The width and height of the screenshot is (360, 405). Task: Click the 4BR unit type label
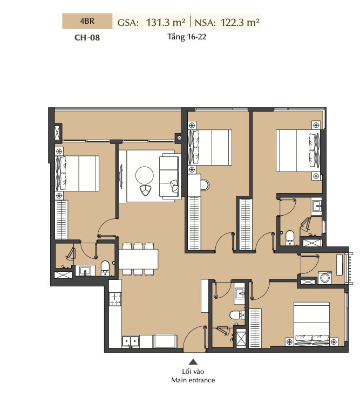coord(87,21)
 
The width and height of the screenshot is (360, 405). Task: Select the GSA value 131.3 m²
coord(166,23)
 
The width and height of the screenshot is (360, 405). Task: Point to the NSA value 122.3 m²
coord(240,23)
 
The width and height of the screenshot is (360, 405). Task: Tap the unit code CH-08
coord(87,37)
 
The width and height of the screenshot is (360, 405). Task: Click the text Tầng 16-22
coord(187,37)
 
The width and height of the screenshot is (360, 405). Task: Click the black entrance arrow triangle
coord(193,362)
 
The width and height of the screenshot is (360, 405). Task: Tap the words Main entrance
coord(193,380)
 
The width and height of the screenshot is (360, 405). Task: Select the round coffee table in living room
coord(145,175)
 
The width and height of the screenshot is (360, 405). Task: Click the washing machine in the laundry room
coord(324,278)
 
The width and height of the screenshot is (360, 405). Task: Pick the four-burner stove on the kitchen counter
coord(116,299)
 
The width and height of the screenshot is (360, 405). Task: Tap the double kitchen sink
coord(131,341)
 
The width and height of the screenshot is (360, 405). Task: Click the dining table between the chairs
coord(138,259)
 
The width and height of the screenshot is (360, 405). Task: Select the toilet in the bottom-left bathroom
coord(105,267)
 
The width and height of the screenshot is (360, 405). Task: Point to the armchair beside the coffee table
coord(146,190)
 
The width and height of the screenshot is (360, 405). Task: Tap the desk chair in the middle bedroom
coord(206,185)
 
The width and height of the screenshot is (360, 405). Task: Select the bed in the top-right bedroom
coord(298,150)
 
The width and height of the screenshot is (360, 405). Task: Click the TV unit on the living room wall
coord(121,176)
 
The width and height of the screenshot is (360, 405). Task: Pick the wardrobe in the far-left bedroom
coord(62,220)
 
